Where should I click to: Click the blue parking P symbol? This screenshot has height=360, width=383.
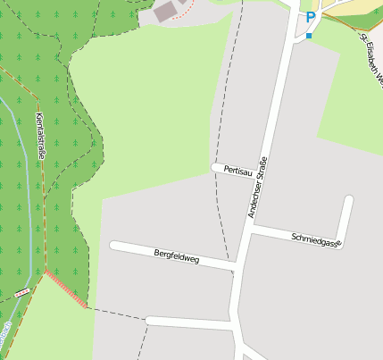pos(310,17)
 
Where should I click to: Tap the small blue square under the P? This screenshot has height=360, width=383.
pos(309,36)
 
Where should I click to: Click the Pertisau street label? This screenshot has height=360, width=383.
pos(238,170)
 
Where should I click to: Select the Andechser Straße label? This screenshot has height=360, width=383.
pos(257,188)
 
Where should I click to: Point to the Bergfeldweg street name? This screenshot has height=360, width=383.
pos(176,257)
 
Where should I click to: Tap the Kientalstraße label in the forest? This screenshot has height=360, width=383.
pos(40,138)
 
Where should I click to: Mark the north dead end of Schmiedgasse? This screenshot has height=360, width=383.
pos(349,200)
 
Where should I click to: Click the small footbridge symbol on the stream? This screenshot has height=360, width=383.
pos(21,291)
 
